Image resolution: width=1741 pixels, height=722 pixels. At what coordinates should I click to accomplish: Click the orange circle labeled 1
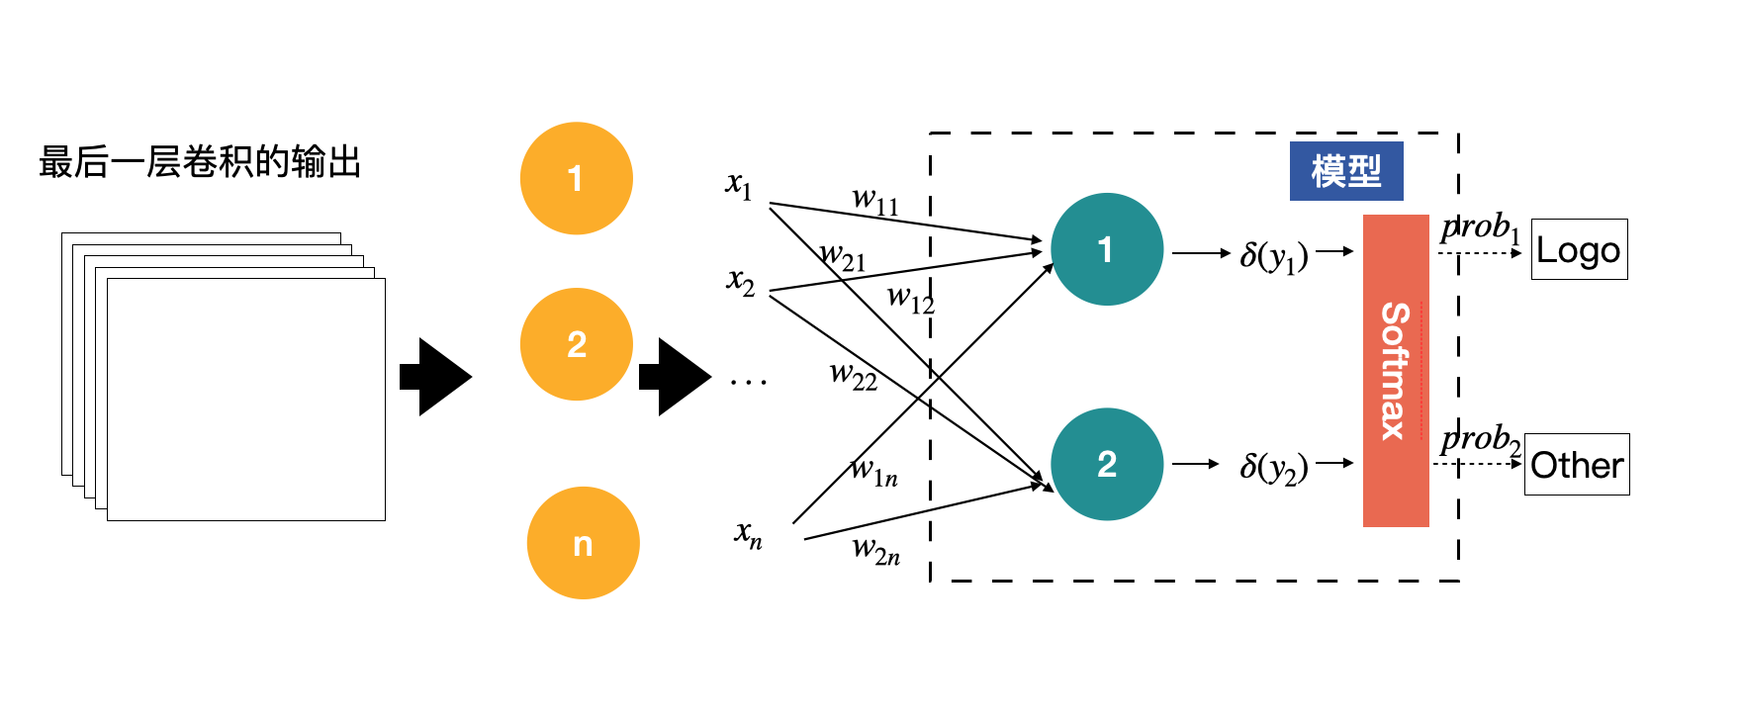[x=576, y=178]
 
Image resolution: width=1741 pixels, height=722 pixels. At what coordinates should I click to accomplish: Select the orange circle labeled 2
[x=576, y=344]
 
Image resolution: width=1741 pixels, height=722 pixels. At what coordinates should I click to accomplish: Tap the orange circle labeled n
[x=583, y=543]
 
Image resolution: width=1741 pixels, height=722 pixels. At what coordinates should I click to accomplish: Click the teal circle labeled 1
[x=1106, y=249]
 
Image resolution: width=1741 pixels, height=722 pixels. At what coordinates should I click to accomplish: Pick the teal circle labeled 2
[x=1106, y=464]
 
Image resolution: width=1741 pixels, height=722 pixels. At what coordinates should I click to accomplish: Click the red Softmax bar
[x=1395, y=371]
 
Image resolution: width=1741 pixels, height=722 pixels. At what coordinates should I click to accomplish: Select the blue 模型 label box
[x=1345, y=171]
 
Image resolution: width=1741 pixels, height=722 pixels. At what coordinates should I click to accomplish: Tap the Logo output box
[x=1579, y=249]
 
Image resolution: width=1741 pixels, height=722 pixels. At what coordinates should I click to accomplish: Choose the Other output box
[x=1576, y=464]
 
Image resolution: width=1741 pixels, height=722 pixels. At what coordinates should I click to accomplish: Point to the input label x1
[x=739, y=185]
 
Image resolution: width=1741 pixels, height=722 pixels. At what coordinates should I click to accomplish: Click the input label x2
[x=741, y=282]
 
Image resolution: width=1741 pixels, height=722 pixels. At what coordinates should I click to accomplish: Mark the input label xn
[x=748, y=534]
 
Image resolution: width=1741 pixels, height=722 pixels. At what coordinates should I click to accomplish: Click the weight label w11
[x=875, y=202]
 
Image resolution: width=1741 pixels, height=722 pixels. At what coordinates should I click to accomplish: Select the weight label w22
[x=853, y=376]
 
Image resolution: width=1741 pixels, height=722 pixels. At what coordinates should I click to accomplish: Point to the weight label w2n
[x=875, y=550]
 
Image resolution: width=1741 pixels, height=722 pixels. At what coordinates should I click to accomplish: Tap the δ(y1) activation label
[x=1273, y=256]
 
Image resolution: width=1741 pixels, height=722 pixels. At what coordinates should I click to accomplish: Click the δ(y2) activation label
[x=1273, y=466]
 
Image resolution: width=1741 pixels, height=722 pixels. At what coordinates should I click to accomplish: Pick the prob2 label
[x=1480, y=439]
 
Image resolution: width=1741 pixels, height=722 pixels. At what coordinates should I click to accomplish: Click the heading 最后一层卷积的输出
[x=200, y=161]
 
